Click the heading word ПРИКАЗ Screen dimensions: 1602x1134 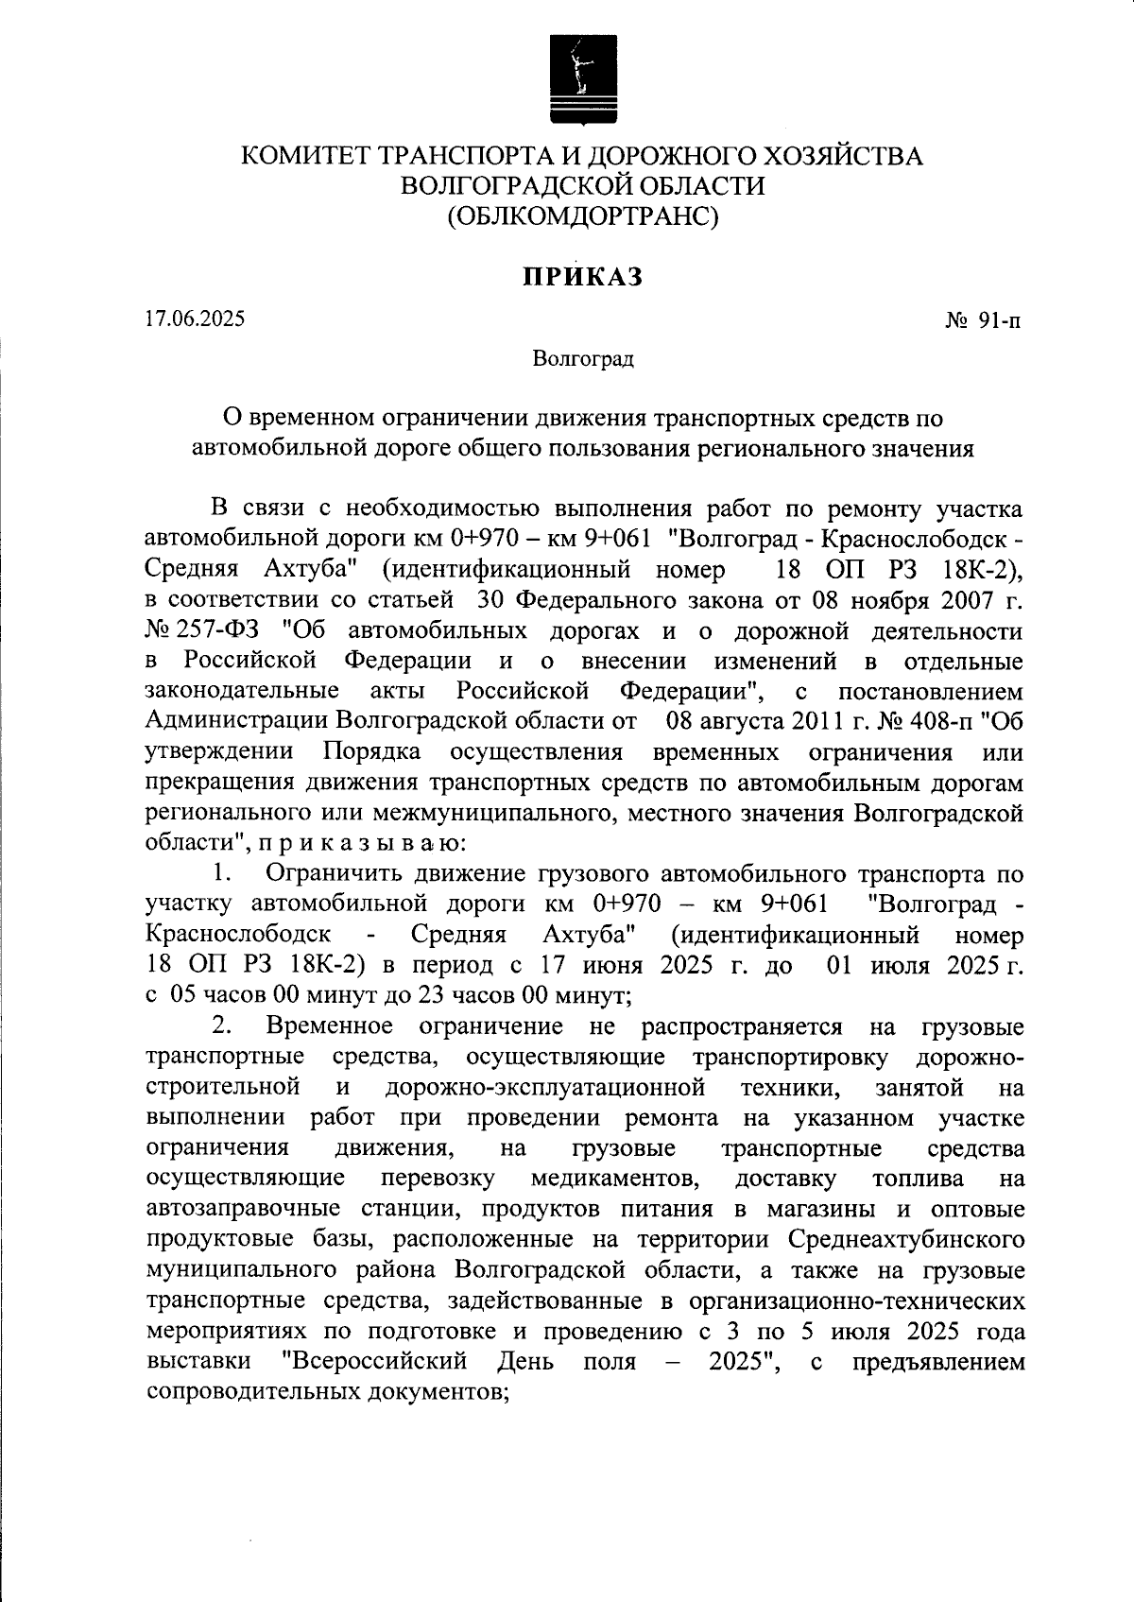pyautogui.click(x=583, y=277)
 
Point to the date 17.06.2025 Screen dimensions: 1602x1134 pyautogui.click(x=196, y=319)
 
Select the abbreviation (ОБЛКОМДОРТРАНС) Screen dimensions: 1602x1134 pyautogui.click(x=583, y=216)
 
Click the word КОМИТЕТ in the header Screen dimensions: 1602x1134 pyautogui.click(x=304, y=156)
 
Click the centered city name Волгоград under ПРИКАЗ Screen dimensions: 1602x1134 pyautogui.click(x=582, y=358)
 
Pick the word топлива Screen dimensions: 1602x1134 pyautogui.click(x=919, y=1180)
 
